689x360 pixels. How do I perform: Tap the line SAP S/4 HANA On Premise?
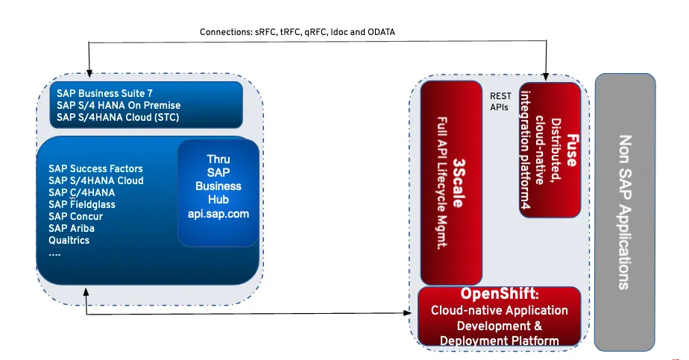pyautogui.click(x=119, y=105)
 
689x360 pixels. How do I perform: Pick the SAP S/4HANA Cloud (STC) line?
pyautogui.click(x=118, y=117)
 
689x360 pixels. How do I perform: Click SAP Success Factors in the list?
pyautogui.click(x=95, y=168)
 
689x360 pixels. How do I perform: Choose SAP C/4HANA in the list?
pyautogui.click(x=81, y=192)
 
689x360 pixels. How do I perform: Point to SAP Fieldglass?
pyautogui.click(x=82, y=204)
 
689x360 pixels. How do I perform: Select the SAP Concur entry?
pyautogui.click(x=75, y=216)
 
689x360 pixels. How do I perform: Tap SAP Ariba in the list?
pyautogui.click(x=71, y=228)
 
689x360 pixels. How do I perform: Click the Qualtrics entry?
pyautogui.click(x=69, y=240)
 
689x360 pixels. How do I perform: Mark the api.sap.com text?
pyautogui.click(x=218, y=213)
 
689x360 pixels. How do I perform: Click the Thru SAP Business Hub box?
pyautogui.click(x=218, y=192)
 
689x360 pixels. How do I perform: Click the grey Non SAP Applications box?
pyautogui.click(x=624, y=211)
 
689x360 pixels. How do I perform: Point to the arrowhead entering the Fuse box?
pyautogui.click(x=547, y=77)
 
